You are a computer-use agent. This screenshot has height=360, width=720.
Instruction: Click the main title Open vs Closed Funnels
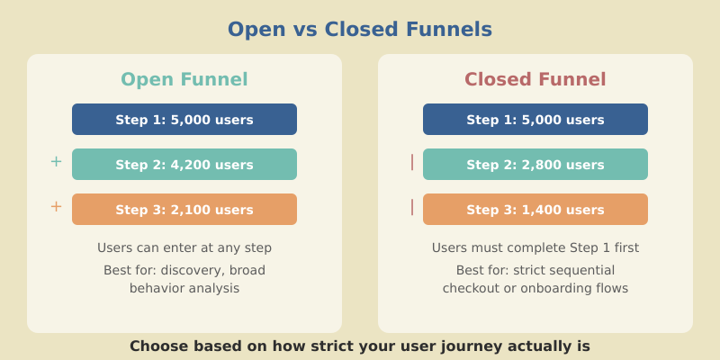(360, 29)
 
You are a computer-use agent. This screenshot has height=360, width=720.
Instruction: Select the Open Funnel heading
(184, 79)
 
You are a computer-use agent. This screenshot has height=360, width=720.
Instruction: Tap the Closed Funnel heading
(535, 79)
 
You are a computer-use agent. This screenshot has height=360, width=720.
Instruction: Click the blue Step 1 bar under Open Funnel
(184, 120)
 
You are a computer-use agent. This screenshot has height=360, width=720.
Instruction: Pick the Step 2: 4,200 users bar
(184, 165)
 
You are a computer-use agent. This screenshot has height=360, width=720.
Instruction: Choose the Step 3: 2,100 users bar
(184, 210)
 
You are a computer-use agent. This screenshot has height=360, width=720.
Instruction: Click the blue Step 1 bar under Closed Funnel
(535, 120)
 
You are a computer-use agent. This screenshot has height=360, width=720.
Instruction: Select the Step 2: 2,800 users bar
(535, 165)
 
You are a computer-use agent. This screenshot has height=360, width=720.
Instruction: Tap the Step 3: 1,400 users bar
(535, 210)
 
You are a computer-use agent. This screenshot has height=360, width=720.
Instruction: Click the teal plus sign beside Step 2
(56, 162)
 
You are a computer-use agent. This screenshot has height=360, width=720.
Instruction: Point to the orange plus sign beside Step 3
(56, 207)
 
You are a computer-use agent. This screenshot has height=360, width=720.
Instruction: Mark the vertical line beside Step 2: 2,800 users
(412, 162)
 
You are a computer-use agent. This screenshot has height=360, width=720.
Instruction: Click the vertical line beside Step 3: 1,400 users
(412, 207)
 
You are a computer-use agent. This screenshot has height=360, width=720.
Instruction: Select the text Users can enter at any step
(184, 247)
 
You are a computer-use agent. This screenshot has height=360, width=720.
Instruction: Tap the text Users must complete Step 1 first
(535, 247)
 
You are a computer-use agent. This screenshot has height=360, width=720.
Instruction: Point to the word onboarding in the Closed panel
(554, 289)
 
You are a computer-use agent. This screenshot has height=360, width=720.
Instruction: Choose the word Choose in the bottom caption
(156, 346)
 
